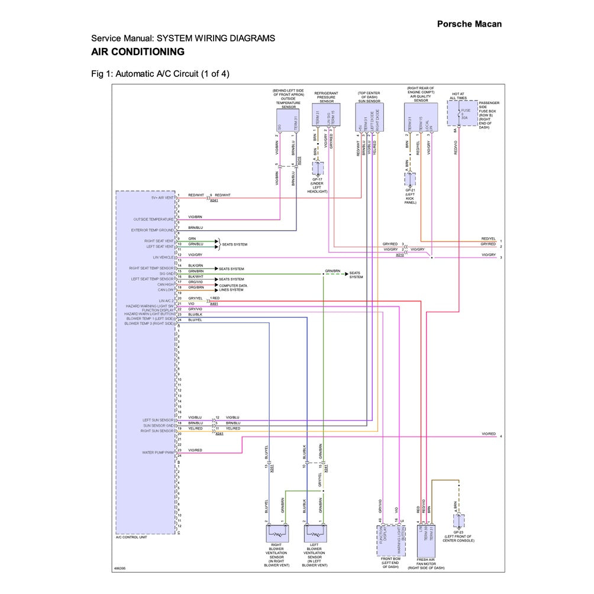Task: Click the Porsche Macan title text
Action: tap(469, 24)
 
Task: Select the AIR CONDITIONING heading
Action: tap(137, 52)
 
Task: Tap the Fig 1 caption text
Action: tap(160, 74)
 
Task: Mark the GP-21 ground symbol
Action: tap(410, 179)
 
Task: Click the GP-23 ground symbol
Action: tap(459, 521)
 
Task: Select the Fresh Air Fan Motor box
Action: tap(426, 539)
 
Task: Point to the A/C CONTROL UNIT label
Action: tap(131, 537)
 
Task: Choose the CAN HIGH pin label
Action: tap(166, 285)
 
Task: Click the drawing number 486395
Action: tap(120, 569)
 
